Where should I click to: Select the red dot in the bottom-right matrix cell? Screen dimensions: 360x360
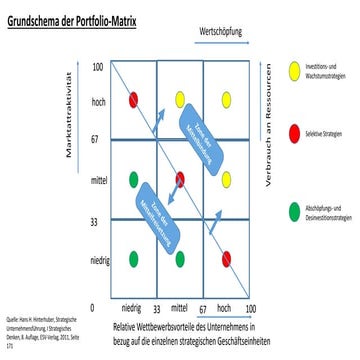pos(227,258)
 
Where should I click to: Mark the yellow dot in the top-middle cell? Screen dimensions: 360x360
pos(180,98)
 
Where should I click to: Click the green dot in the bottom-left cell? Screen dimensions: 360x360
pos(133,258)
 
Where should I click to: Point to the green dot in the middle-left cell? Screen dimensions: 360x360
pos(133,180)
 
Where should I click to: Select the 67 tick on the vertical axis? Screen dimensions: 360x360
pos(97,141)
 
